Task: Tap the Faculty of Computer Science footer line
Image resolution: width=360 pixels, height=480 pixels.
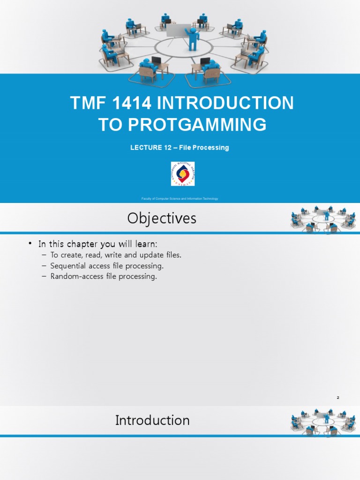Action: pos(180,199)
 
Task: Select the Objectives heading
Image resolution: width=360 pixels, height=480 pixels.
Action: pos(162,218)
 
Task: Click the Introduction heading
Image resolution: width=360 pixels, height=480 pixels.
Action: pos(152,420)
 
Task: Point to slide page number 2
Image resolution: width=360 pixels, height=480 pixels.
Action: pos(337,398)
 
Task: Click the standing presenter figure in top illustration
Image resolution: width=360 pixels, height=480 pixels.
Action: pos(192,39)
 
